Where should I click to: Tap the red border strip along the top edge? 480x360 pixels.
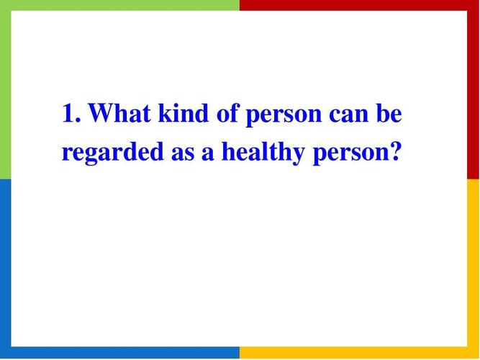pyautogui.click(x=360, y=5)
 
